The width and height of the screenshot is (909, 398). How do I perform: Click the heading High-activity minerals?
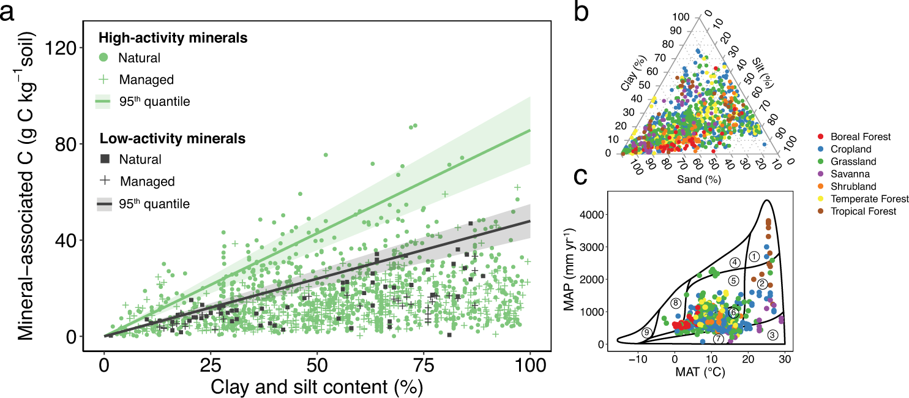[x=173, y=37]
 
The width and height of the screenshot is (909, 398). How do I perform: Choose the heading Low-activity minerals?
[x=173, y=139]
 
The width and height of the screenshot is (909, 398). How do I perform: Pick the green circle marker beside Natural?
[x=104, y=58]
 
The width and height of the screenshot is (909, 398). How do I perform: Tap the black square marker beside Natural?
[x=104, y=160]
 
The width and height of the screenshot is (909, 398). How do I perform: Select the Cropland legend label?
[x=851, y=149]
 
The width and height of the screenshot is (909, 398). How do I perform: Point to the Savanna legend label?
[x=850, y=175]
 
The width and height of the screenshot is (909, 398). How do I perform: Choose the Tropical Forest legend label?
[x=863, y=211]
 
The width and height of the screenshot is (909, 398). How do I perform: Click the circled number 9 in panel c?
[x=646, y=333]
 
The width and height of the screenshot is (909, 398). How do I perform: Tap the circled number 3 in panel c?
[x=772, y=335]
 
